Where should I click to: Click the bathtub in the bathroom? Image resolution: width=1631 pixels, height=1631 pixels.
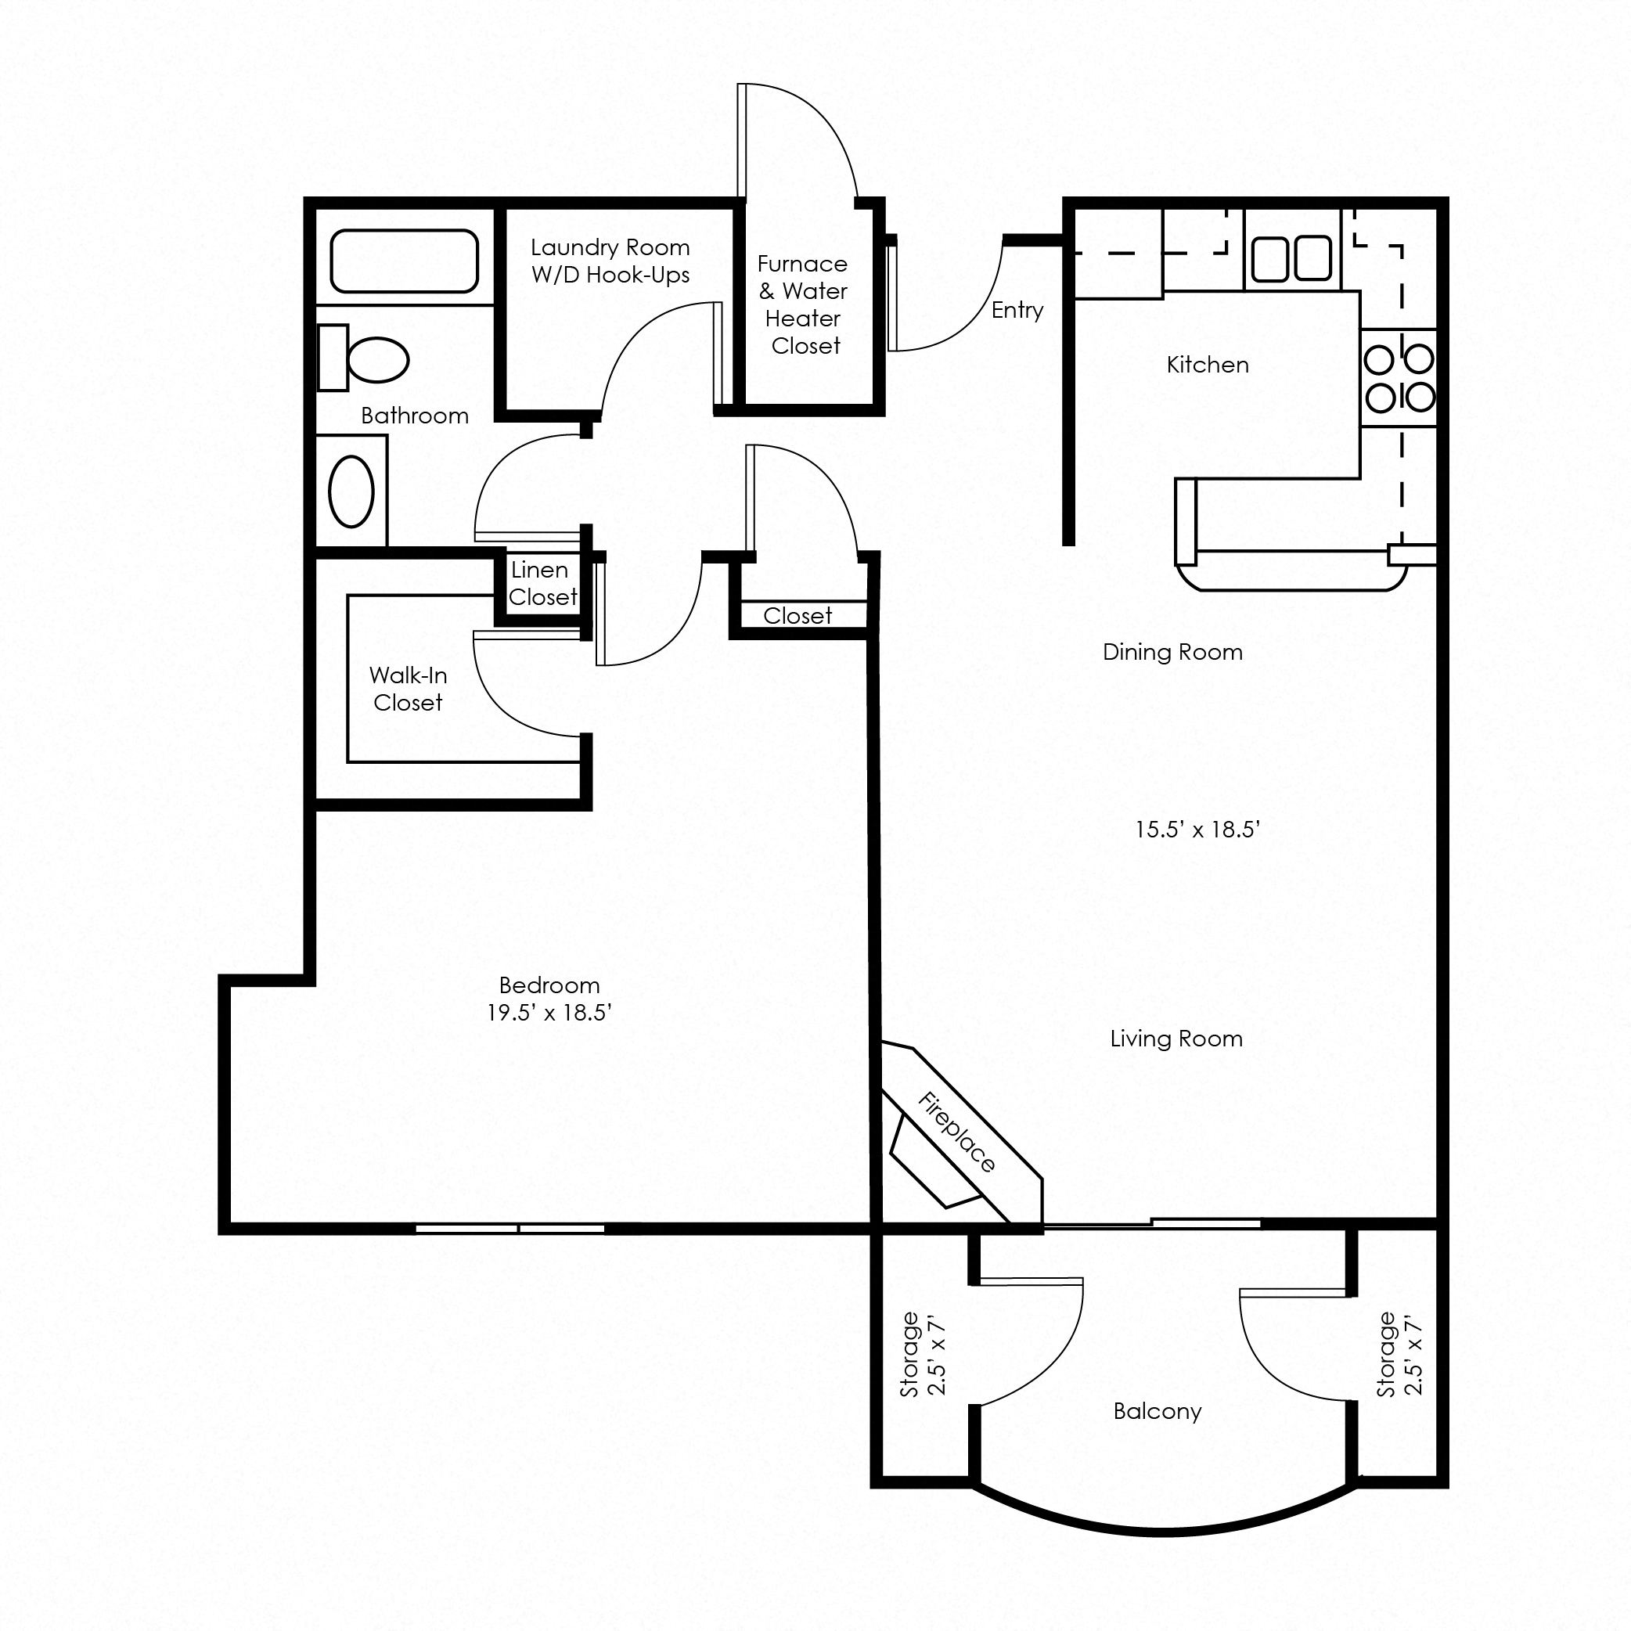pos(405,261)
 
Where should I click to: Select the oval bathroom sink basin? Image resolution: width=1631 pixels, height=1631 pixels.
pos(351,491)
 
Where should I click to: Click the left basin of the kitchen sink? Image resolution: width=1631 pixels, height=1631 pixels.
pos(1269,258)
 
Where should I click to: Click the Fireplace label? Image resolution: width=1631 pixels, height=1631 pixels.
pos(957,1132)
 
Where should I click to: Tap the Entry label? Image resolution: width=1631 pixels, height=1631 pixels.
pos(1017,310)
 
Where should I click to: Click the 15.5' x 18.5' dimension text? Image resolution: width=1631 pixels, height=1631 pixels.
pos(1197,829)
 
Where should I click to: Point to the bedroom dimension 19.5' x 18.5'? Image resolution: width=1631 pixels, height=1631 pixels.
pos(549,1012)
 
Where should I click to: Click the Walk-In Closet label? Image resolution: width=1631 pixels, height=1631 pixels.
pos(408,689)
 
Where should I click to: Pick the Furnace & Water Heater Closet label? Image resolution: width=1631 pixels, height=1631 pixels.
pos(803,304)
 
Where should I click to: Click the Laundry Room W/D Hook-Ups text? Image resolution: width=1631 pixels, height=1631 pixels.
pos(610,261)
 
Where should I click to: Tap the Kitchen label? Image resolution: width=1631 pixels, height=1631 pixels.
pos(1208,365)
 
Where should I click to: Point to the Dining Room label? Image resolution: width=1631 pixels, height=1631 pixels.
pos(1172,652)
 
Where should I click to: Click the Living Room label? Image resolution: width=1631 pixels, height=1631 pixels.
pos(1176,1039)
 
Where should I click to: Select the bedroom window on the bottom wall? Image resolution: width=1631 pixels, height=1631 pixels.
pos(510,1228)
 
